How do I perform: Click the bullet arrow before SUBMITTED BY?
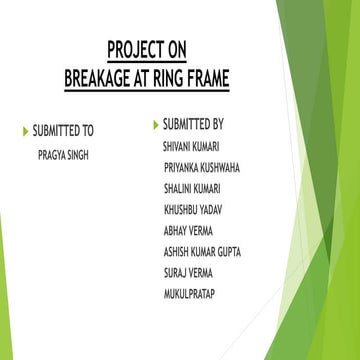point(155,125)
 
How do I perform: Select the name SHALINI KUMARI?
point(192,188)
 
